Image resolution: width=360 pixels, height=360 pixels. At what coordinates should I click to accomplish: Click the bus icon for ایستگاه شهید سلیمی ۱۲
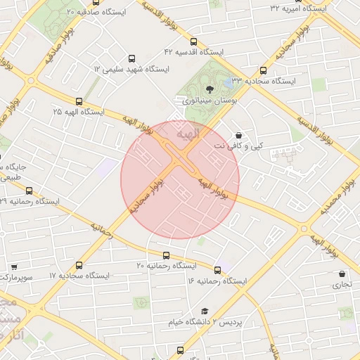[131, 59]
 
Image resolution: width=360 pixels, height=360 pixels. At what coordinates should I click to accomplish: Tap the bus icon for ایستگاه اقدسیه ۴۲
[194, 41]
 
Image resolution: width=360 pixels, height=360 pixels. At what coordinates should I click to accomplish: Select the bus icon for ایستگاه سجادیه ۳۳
[263, 70]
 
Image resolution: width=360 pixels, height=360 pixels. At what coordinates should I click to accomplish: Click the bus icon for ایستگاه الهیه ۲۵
[78, 101]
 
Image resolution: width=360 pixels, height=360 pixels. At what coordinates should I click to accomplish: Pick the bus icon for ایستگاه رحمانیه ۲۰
[166, 255]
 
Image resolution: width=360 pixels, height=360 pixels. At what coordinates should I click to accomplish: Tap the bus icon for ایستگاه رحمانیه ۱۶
[217, 270]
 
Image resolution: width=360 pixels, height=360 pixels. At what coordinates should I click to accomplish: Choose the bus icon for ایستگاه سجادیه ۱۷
[78, 265]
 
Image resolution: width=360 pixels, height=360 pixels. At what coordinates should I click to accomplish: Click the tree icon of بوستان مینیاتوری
[209, 89]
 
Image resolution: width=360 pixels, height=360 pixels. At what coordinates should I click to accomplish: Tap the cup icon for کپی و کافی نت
[238, 134]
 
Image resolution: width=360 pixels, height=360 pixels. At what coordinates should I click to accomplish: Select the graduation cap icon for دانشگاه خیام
[205, 311]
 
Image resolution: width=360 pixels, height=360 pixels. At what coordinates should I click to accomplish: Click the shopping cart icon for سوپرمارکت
[14, 268]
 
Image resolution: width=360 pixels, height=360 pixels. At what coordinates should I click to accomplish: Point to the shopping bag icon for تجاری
[342, 274]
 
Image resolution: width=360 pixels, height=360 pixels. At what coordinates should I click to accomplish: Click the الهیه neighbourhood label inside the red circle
[188, 133]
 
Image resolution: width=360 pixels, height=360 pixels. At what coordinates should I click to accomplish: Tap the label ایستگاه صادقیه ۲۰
[103, 12]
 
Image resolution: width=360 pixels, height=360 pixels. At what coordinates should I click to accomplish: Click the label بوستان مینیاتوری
[208, 101]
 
